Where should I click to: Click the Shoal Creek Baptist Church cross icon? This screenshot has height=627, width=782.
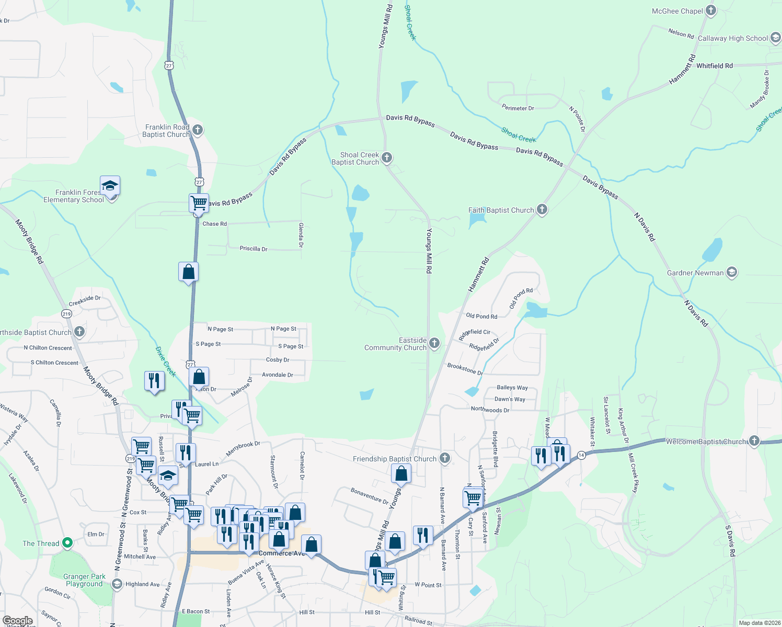click(387, 158)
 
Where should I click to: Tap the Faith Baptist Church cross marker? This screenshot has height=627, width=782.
click(542, 210)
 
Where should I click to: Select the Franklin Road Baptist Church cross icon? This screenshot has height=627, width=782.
click(197, 130)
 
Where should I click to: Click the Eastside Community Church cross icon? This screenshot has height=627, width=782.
click(434, 343)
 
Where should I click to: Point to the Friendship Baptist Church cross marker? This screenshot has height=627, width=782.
click(444, 458)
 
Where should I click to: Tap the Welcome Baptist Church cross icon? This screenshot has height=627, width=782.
click(754, 441)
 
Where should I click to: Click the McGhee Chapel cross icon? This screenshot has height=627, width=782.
click(710, 10)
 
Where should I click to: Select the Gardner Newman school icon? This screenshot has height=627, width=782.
click(732, 273)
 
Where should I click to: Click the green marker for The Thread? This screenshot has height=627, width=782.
click(67, 543)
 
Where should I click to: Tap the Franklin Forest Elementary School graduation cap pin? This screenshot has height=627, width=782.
click(110, 186)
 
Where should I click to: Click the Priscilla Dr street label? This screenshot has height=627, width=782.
click(254, 249)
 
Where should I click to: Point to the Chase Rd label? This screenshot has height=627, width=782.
click(214, 224)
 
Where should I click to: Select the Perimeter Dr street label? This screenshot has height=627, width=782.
click(517, 108)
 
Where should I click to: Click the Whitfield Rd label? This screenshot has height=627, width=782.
click(714, 66)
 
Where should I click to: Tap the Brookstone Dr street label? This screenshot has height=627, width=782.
click(465, 369)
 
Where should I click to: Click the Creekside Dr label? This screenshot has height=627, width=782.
click(85, 301)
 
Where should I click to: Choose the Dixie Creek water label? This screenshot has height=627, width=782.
click(166, 361)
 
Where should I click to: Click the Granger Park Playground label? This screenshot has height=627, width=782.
click(84, 580)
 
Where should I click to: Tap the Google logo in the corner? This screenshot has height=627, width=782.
click(17, 621)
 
